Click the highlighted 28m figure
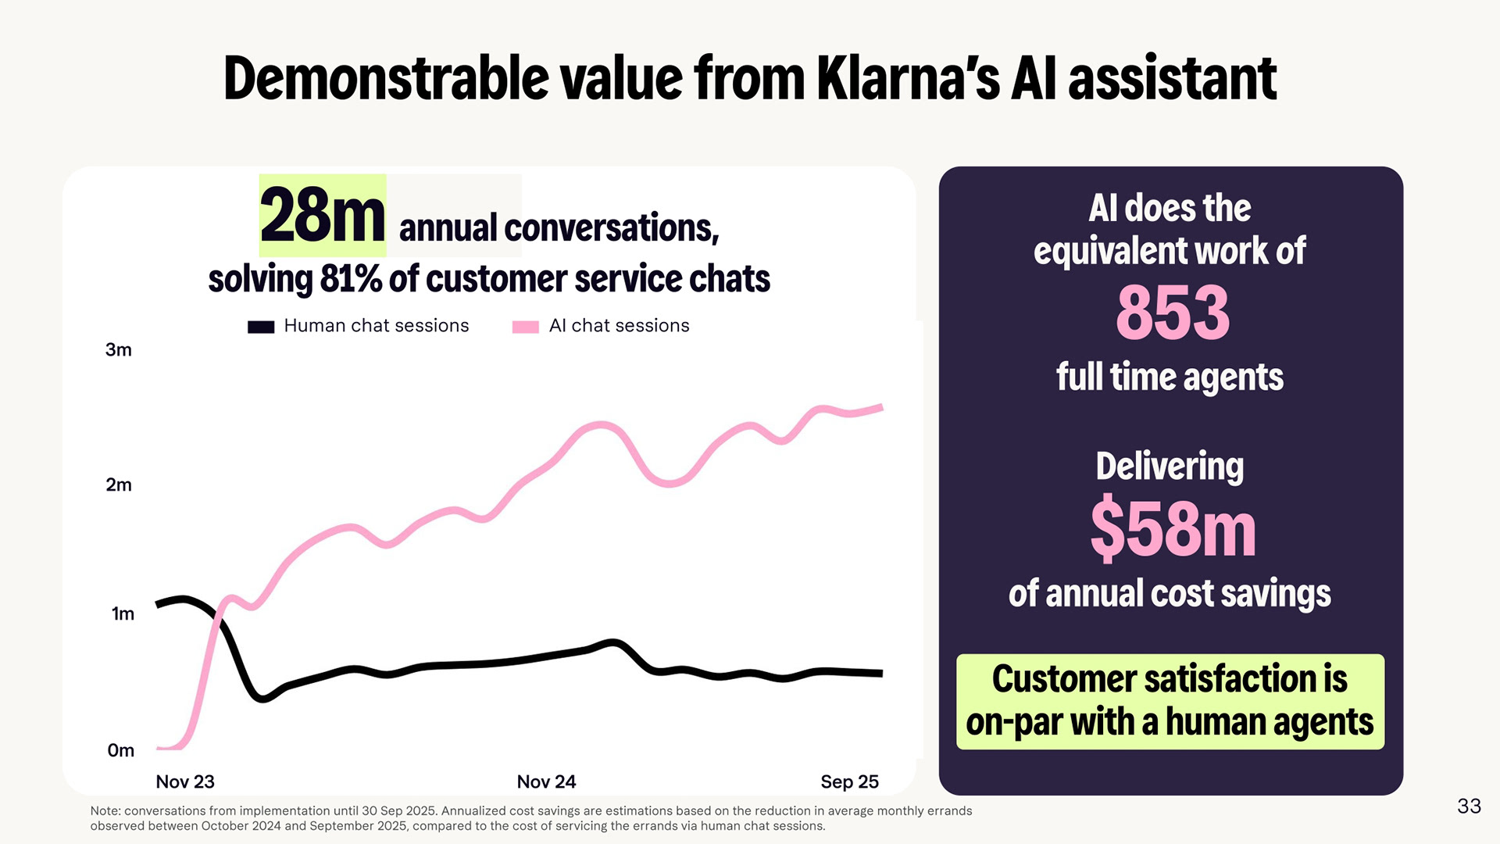tap(322, 216)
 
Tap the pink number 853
tap(1173, 313)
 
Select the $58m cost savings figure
tap(1173, 530)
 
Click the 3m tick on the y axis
tap(119, 350)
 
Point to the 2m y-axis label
tap(119, 485)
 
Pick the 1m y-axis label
tap(123, 614)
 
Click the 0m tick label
tap(120, 751)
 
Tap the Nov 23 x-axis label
tap(185, 781)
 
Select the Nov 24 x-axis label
tap(546, 781)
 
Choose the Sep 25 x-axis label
tap(849, 781)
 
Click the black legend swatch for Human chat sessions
tap(261, 327)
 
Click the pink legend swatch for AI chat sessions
tap(525, 327)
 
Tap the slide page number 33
tap(1469, 806)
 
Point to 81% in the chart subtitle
tap(351, 279)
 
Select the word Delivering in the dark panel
tap(1170, 467)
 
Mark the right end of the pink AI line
tap(880, 407)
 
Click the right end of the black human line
tap(880, 673)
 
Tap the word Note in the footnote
tap(107, 811)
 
